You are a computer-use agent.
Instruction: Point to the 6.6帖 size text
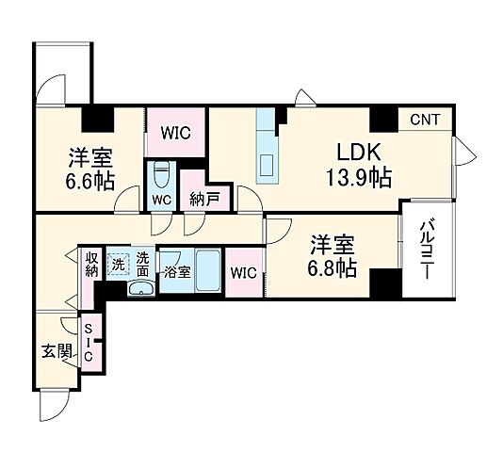[x=89, y=181]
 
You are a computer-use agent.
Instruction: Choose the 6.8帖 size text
[x=333, y=268]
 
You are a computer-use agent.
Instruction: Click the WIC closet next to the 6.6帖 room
[x=176, y=133]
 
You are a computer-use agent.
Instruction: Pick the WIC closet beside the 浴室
[x=243, y=274]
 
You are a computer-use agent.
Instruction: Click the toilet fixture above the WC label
[x=161, y=176]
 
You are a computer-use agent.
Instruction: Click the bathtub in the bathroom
[x=208, y=271]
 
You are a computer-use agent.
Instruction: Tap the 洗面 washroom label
[x=142, y=264]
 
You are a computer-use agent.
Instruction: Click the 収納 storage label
[x=91, y=266]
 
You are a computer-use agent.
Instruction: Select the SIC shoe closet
[x=89, y=342]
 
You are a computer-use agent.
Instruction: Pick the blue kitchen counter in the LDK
[x=268, y=146]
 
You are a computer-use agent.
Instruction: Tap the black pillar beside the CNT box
[x=382, y=120]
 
